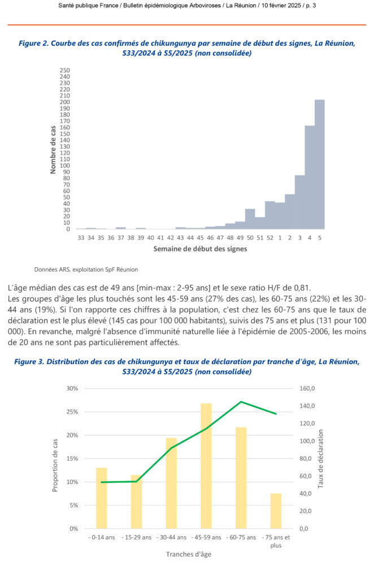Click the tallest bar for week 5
319,164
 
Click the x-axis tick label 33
81,239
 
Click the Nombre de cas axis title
53,150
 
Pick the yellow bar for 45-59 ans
206,466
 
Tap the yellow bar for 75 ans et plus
276,511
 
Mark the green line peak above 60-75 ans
241,402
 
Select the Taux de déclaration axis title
320,458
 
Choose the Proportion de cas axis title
56,458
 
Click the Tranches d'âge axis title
188,554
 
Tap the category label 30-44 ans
171,537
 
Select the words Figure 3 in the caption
34,361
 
